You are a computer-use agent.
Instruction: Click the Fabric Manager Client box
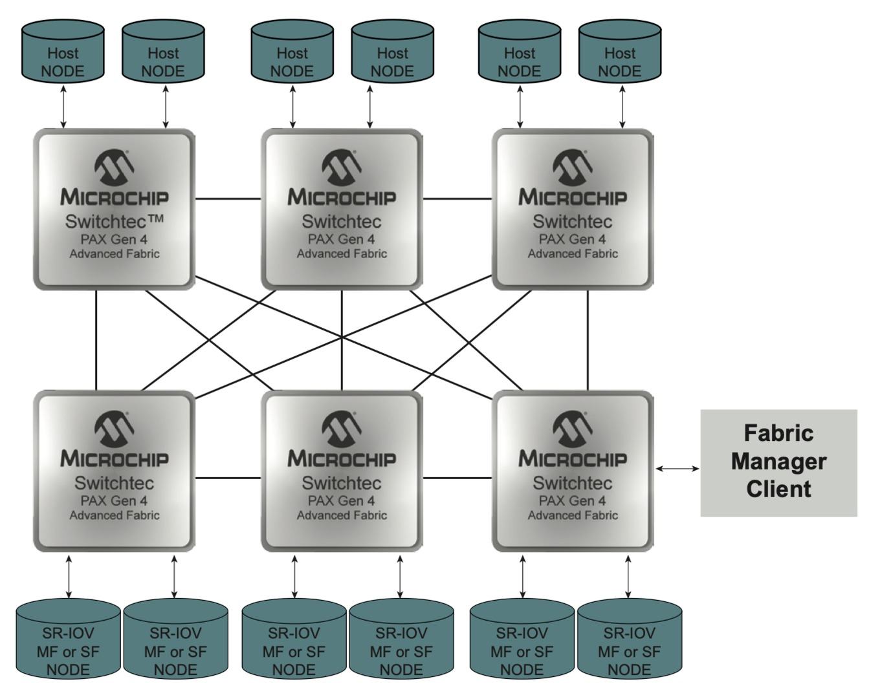778,463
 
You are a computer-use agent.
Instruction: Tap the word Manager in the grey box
778,462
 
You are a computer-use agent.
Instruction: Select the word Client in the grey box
778,489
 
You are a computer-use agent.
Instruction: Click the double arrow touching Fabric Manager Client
677,468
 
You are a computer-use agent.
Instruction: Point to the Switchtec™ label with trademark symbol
115,221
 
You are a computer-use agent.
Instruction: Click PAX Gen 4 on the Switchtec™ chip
114,239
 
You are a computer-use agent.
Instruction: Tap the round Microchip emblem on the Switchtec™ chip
114,167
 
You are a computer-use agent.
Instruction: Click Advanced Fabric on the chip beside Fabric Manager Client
573,515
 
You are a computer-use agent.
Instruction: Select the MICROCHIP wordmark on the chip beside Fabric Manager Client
573,458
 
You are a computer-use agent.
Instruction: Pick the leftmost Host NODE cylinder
63,52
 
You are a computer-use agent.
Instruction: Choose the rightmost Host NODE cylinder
620,52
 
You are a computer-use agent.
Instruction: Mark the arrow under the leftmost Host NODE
63,107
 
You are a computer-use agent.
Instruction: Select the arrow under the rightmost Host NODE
622,107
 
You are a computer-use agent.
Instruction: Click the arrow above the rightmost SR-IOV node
628,577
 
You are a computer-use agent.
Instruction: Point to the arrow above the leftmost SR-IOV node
69,577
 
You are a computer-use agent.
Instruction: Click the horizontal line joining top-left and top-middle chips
228,199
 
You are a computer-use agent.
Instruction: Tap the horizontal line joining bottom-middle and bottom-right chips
457,478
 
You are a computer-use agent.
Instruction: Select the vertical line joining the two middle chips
342,340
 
